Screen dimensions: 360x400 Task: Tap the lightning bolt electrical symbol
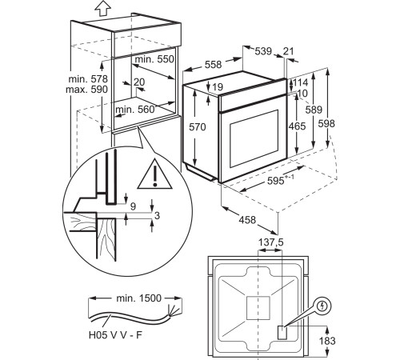[x=322, y=306]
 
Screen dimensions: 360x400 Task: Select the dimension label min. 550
[x=154, y=61]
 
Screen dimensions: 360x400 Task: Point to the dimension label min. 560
[x=134, y=110]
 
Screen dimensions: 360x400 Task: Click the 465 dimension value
[x=297, y=126]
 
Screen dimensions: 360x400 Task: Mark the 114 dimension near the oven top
[x=300, y=83]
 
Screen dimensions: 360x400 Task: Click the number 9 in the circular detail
[x=132, y=206]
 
